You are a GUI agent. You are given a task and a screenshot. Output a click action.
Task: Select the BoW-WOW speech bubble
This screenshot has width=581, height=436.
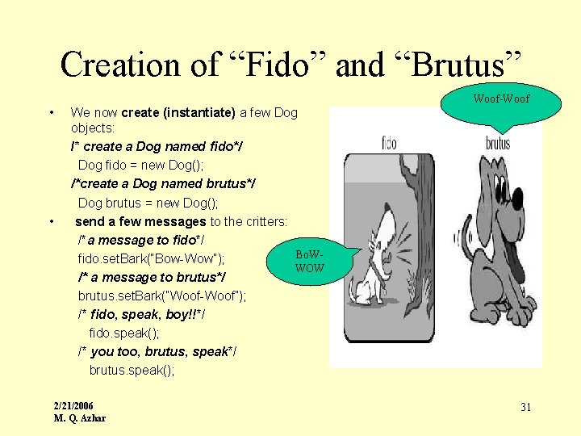[309, 262]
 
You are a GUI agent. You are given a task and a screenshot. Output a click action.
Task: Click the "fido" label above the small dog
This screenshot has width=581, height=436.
[389, 145]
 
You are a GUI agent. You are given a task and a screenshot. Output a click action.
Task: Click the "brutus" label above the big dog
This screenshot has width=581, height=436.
[498, 145]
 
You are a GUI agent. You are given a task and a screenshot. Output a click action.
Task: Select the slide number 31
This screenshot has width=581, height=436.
[525, 407]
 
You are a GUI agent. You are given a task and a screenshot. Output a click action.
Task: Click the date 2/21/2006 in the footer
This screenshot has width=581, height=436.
[73, 405]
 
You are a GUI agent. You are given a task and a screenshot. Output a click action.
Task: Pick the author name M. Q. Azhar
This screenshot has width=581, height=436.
[79, 417]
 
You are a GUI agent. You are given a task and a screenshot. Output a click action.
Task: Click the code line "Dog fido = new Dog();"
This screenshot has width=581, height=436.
[141, 165]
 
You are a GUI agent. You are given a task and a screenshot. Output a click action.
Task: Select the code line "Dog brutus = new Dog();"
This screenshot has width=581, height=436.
[148, 203]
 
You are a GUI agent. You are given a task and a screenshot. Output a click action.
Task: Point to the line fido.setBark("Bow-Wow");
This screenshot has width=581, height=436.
[151, 259]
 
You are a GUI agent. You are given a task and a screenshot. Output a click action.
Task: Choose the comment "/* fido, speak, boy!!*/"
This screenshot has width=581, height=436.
[141, 314]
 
